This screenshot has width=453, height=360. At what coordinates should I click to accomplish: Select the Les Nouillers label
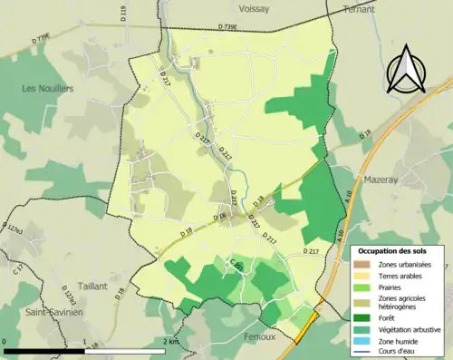pos(48,88)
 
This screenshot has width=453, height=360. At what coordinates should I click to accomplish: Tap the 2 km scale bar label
pos(172,341)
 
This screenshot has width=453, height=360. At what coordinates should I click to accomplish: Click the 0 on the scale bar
pos(5,341)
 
